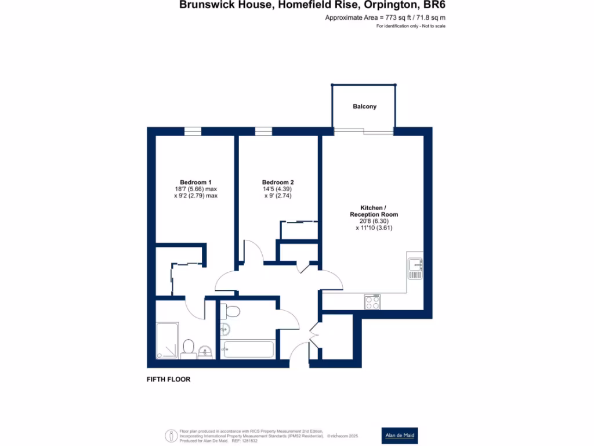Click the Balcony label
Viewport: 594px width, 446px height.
click(364, 106)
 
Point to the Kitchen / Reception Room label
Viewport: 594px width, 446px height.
click(374, 211)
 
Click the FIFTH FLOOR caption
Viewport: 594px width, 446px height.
click(168, 379)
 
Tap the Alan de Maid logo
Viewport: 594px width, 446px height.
click(399, 436)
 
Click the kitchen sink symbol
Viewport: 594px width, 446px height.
click(415, 268)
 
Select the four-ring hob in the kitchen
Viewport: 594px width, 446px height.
click(372, 302)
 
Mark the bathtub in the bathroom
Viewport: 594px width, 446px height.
click(248, 350)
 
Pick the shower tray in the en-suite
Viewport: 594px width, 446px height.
click(168, 341)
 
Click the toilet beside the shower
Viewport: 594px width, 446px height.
click(188, 349)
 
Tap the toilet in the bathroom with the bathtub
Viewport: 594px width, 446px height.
click(233, 310)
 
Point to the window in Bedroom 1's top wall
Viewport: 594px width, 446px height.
click(193, 132)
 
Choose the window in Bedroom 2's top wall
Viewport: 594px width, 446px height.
click(263, 132)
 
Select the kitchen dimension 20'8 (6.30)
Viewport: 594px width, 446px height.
click(374, 221)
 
